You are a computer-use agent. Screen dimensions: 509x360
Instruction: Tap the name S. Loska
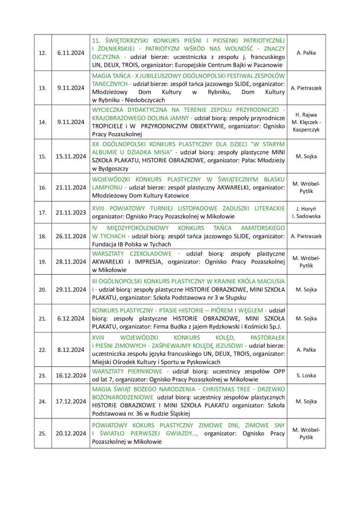[306, 375]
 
